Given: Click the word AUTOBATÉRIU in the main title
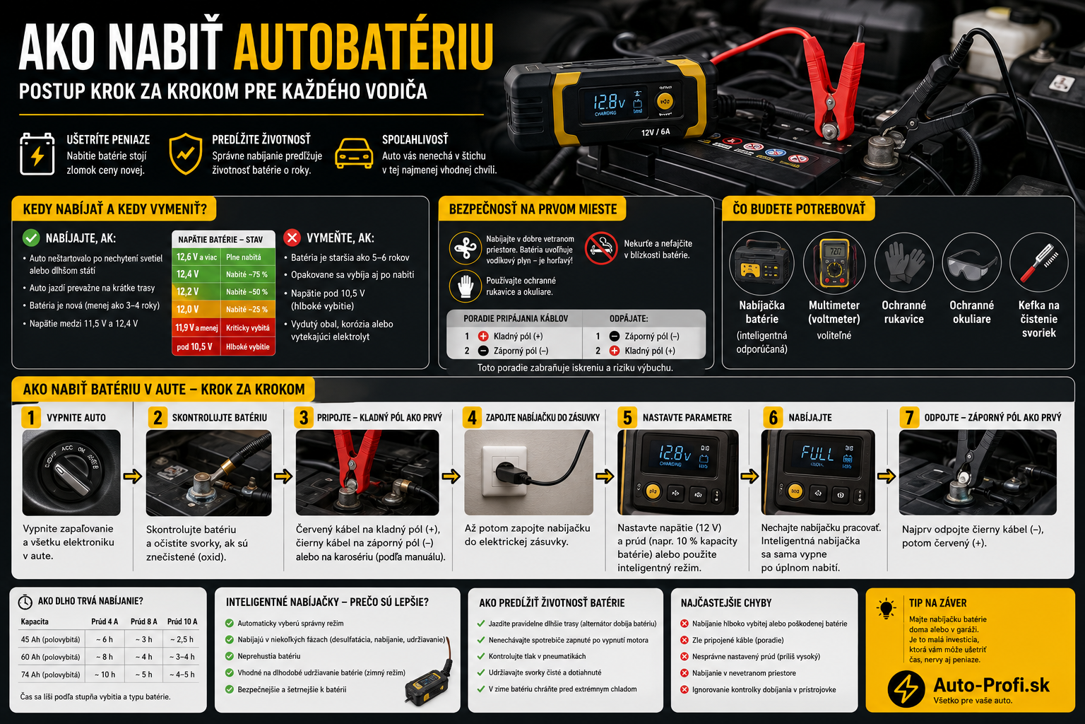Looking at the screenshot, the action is pyautogui.click(x=363, y=47).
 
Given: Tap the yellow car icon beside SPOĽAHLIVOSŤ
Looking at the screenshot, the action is pyautogui.click(x=354, y=153).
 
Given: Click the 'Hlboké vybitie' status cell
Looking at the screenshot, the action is pyautogui.click(x=247, y=346).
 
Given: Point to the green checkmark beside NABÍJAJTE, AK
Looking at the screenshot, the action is pyautogui.click(x=31, y=238).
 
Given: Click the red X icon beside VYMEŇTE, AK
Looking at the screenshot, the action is pyautogui.click(x=292, y=238).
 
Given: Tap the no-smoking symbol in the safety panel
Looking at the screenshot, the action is pyautogui.click(x=600, y=248).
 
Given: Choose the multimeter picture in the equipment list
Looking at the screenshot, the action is pyautogui.click(x=834, y=263).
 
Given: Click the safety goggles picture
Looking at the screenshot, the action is pyautogui.click(x=971, y=263).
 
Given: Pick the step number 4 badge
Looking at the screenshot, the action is pyautogui.click(x=473, y=418).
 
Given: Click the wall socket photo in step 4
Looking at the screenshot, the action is pyautogui.click(x=528, y=472).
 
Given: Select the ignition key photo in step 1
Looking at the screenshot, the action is pyautogui.click(x=71, y=472).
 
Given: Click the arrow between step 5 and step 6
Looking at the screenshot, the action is pyautogui.click(x=749, y=477).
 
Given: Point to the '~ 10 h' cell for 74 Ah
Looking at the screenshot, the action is pyautogui.click(x=105, y=675).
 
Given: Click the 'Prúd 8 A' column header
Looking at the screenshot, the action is pyautogui.click(x=144, y=621).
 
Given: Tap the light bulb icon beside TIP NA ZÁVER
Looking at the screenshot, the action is pyautogui.click(x=887, y=609).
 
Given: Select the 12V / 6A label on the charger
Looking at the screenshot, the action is pyautogui.click(x=656, y=132).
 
